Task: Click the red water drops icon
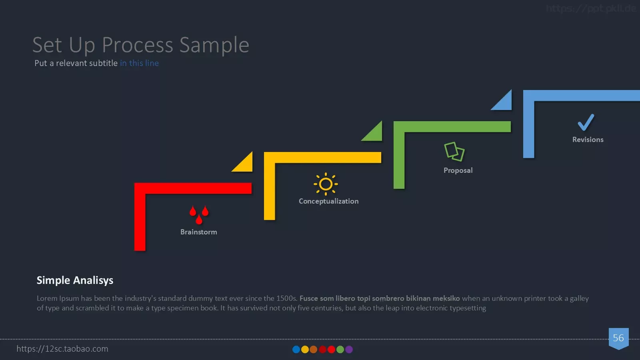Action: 199,215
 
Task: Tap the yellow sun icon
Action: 326,184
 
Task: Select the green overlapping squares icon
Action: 454,152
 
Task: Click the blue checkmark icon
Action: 586,122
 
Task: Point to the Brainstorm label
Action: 198,232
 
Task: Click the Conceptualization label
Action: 328,201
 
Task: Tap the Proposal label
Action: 458,170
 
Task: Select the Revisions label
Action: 588,140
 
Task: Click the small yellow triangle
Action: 245,164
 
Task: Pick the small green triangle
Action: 375,134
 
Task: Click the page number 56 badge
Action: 618,338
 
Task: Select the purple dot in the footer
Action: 349,350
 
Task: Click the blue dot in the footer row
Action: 296,350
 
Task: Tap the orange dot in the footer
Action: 314,350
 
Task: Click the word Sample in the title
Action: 214,45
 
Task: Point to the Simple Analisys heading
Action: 75,280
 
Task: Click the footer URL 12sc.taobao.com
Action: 62,348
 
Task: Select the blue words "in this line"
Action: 139,63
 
